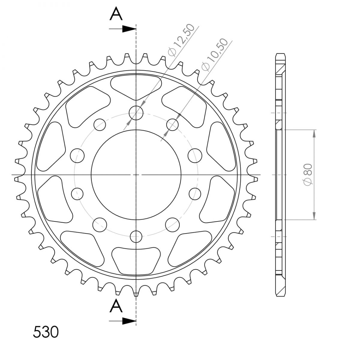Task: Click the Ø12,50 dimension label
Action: [181, 40]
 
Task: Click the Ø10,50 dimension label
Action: [215, 55]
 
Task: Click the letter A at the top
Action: [116, 13]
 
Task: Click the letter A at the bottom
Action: [116, 305]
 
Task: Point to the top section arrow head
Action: [129, 29]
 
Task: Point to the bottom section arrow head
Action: [129, 321]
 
